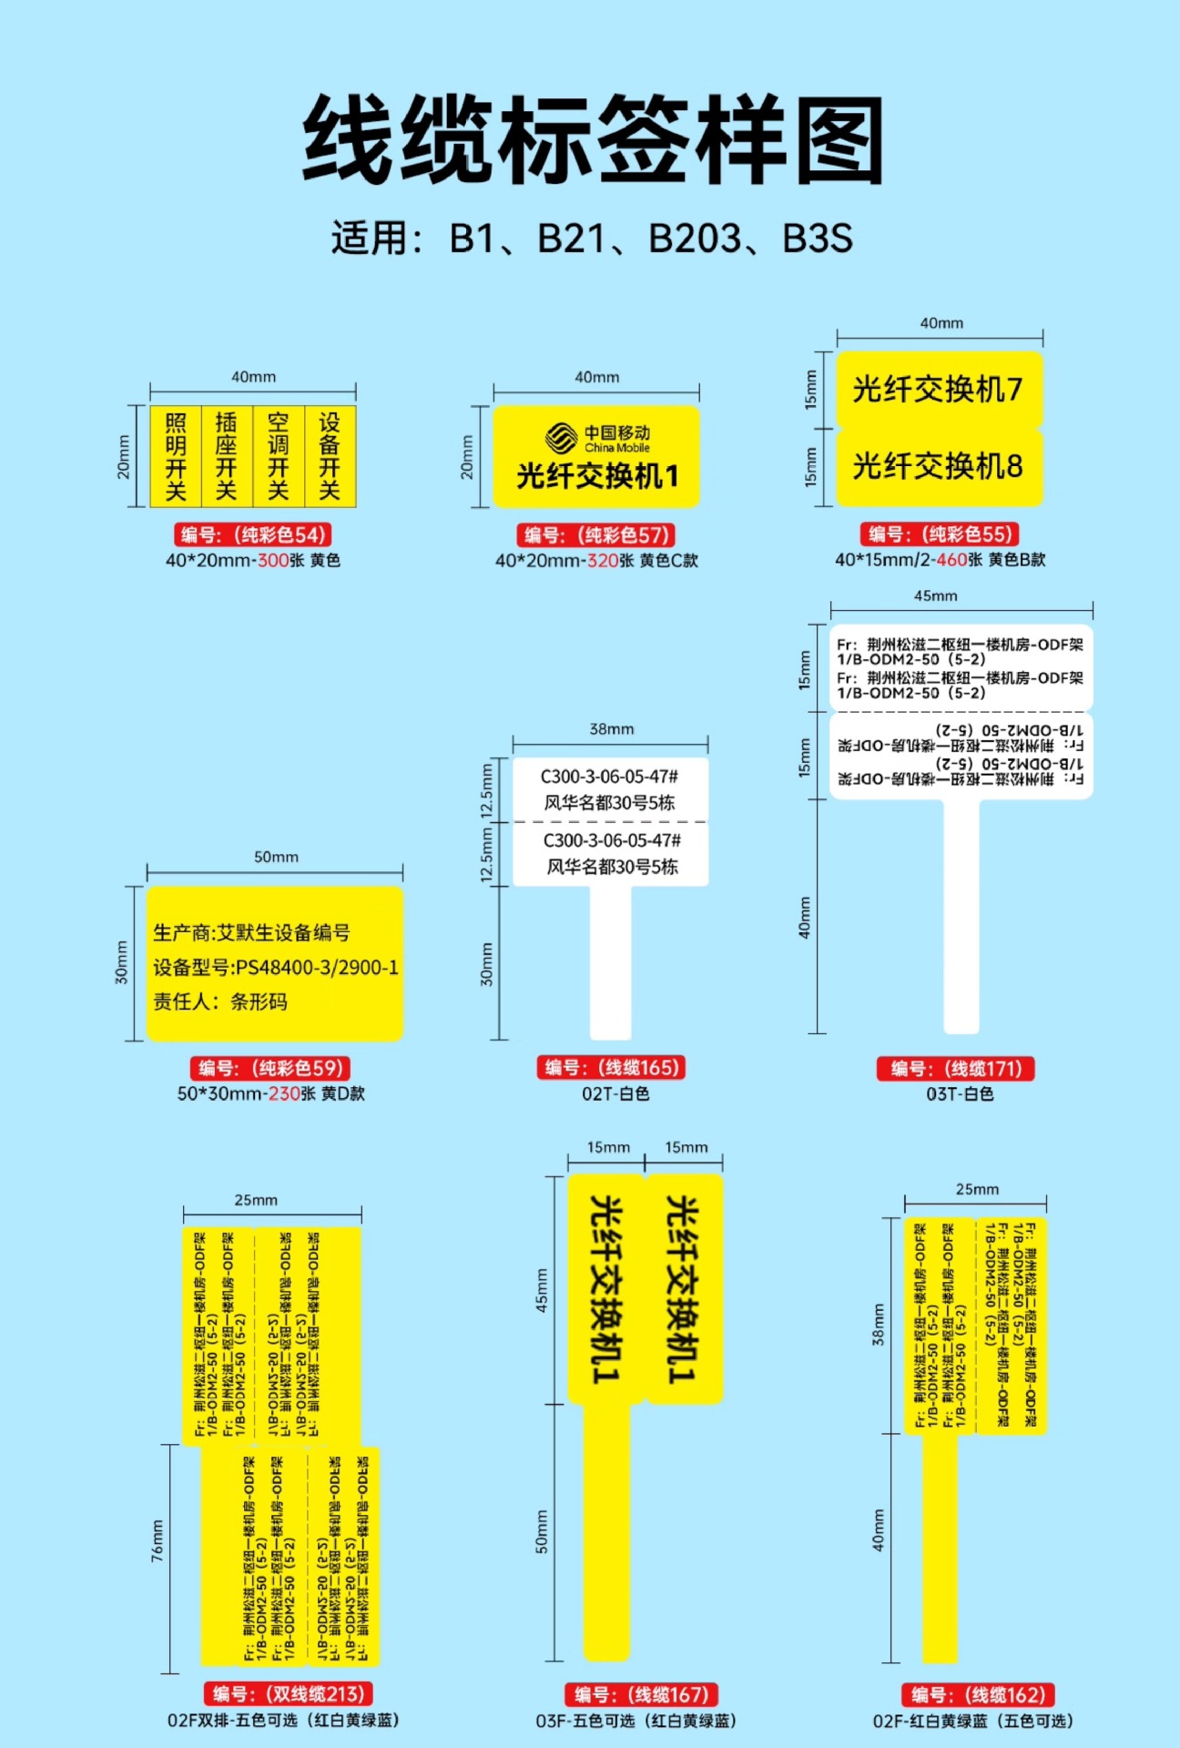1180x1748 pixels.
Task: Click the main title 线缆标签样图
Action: click(x=593, y=139)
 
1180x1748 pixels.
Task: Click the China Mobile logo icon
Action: click(x=561, y=438)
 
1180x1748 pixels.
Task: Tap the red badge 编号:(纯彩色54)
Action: click(x=252, y=534)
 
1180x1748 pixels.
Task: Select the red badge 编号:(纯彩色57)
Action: click(x=596, y=535)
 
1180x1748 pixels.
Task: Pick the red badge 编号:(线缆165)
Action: click(x=611, y=1068)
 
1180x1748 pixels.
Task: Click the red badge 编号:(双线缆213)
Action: click(x=288, y=1693)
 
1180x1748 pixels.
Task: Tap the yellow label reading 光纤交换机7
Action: click(x=938, y=390)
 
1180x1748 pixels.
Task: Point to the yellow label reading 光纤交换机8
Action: click(x=938, y=466)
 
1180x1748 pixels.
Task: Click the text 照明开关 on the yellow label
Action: click(x=176, y=457)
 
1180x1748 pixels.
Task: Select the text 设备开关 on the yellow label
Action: click(x=330, y=457)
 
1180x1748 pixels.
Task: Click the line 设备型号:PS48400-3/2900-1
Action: click(x=276, y=967)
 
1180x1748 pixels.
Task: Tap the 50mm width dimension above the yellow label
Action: click(x=276, y=857)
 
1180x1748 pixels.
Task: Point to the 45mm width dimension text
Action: click(x=936, y=595)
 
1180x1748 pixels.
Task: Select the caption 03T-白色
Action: click(x=960, y=1093)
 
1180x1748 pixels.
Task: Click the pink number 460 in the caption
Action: click(x=951, y=560)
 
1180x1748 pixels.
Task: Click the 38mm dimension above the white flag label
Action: click(x=611, y=728)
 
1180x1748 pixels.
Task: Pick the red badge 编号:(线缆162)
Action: click(x=978, y=1694)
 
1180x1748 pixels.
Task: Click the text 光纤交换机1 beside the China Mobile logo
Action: click(x=597, y=475)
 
